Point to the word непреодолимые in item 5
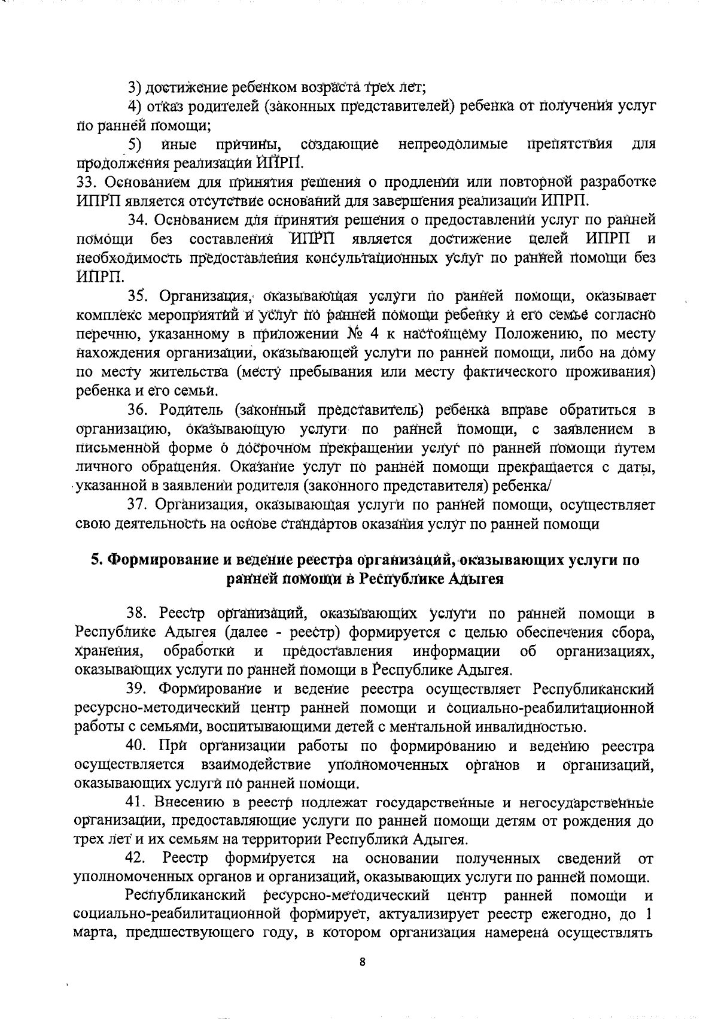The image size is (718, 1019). [x=453, y=144]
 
